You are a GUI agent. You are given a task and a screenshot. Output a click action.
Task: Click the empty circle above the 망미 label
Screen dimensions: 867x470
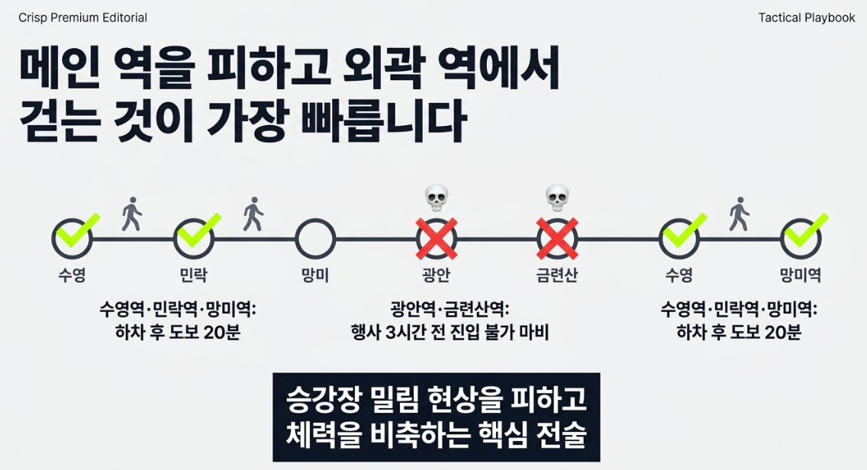[x=315, y=220]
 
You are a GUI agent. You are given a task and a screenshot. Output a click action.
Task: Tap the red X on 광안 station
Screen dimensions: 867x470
[x=437, y=239]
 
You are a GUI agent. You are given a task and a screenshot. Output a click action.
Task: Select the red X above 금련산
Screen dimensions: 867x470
[x=557, y=239]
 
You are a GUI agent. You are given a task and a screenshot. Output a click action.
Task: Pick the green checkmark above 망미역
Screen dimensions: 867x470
[x=807, y=230]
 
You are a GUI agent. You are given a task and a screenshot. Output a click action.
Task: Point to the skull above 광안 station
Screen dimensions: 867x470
[x=437, y=198]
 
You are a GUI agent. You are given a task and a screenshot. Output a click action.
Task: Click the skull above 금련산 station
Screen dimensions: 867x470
[x=557, y=198]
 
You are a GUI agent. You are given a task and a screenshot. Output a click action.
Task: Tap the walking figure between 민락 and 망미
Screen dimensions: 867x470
[x=253, y=214]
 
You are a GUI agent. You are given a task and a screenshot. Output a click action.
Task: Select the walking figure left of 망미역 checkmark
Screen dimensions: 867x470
[x=740, y=214]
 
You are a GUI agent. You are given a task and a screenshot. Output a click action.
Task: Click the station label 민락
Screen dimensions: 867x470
[x=194, y=275]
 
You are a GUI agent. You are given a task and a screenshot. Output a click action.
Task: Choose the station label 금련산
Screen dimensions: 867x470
[x=557, y=275]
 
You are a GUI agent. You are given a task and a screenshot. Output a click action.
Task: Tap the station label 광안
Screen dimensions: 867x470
[x=437, y=275]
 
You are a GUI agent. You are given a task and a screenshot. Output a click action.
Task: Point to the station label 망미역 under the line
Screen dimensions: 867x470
[x=800, y=275]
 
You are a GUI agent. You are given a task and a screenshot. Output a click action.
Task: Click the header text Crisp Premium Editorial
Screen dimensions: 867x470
[x=83, y=18]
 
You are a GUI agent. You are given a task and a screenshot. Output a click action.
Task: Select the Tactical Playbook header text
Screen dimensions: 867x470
[x=807, y=18]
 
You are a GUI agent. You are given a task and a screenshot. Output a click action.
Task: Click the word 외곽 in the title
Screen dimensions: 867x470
[x=381, y=69]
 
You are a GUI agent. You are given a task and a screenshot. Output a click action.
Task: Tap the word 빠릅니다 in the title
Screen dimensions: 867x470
[x=384, y=121]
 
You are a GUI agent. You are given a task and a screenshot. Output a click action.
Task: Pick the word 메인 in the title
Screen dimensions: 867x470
[x=60, y=69]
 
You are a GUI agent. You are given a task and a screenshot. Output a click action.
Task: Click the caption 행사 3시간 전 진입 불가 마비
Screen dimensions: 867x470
[x=450, y=333]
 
